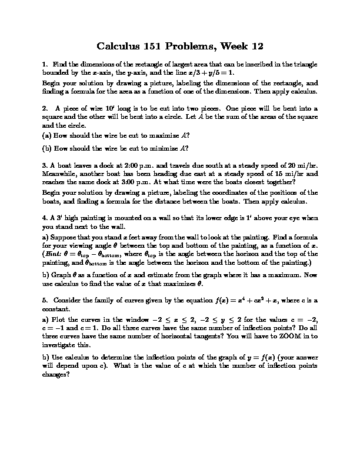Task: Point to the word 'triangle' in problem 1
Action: [302, 64]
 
